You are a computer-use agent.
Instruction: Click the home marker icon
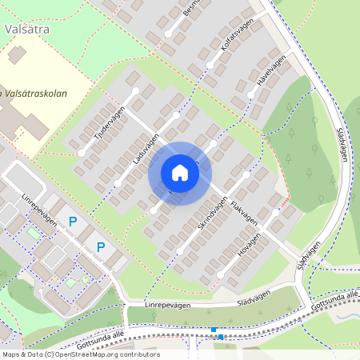(180, 173)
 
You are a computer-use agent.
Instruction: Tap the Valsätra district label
(26, 30)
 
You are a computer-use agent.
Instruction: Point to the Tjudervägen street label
(110, 125)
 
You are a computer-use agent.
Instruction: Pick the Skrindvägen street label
(213, 214)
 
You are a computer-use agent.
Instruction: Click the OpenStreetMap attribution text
(80, 354)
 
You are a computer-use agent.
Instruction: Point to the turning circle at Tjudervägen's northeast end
(136, 91)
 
